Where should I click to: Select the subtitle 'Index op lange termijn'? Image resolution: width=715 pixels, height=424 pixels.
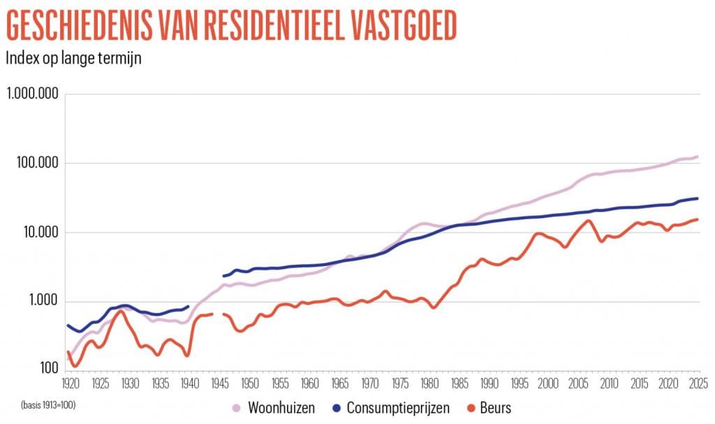[x=73, y=58]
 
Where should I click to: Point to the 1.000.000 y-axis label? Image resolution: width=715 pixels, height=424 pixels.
[x=32, y=94]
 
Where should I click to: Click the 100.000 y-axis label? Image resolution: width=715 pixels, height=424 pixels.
[x=36, y=163]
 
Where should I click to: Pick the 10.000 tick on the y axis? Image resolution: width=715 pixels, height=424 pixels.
[x=39, y=233]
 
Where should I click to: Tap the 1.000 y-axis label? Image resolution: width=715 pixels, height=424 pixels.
[x=42, y=302]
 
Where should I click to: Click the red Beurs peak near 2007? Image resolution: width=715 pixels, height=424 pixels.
[x=589, y=221]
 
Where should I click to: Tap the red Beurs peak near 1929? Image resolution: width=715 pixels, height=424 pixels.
[x=121, y=311]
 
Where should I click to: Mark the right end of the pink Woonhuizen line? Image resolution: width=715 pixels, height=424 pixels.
[x=698, y=156]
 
